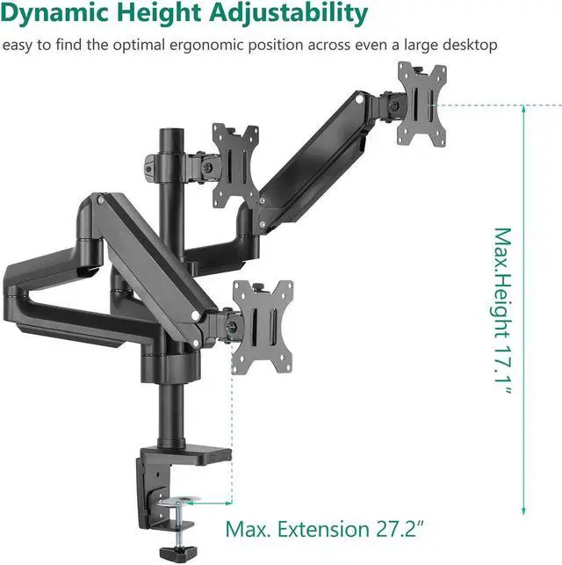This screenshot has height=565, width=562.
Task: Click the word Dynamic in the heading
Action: [54, 14]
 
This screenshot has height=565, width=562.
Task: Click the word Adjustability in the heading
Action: [288, 14]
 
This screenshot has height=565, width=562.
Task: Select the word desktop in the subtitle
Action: [470, 46]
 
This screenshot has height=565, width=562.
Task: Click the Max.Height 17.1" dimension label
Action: [502, 311]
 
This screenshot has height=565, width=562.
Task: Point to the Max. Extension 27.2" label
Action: [325, 529]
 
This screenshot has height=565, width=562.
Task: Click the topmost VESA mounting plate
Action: [422, 105]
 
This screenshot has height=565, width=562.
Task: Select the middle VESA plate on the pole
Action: [235, 166]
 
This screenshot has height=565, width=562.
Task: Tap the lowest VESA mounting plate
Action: [263, 327]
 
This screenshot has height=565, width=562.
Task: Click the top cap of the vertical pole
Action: [171, 131]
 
